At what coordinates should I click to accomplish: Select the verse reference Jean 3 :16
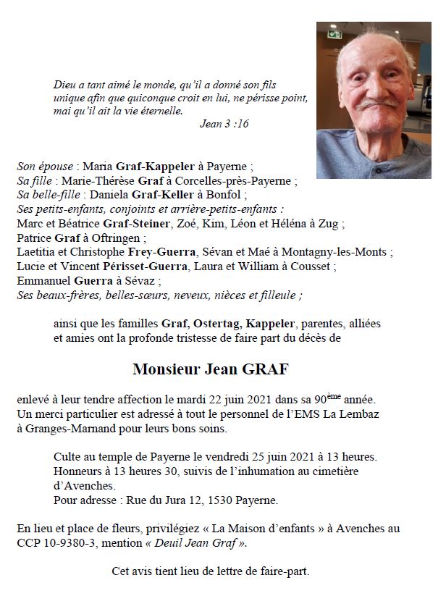click(x=224, y=124)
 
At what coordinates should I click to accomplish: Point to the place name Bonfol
click(x=228, y=195)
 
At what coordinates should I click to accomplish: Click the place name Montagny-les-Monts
click(x=344, y=252)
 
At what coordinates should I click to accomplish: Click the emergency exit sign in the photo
click(x=334, y=34)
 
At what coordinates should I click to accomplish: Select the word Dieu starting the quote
click(x=65, y=84)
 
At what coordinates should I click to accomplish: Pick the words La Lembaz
click(x=353, y=414)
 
